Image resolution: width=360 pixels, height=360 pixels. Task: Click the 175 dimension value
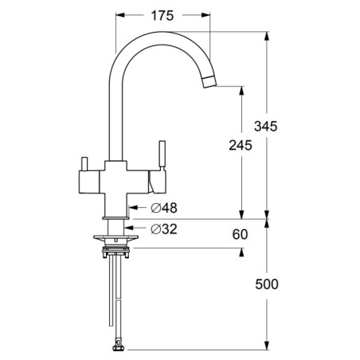pos(162,16)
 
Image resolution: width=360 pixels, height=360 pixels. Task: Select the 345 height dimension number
pos(265,126)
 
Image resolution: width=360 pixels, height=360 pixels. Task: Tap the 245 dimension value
pos(241,146)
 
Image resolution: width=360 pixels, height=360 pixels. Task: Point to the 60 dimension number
pos(240,234)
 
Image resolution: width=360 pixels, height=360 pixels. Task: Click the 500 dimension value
pos(267,284)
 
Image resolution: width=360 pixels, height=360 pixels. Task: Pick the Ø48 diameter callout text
pos(164,208)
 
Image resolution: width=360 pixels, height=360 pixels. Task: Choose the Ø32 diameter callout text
pos(164,229)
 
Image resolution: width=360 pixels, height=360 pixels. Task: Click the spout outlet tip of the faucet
pos(209,82)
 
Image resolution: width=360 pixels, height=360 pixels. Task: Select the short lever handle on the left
pos(84,164)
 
